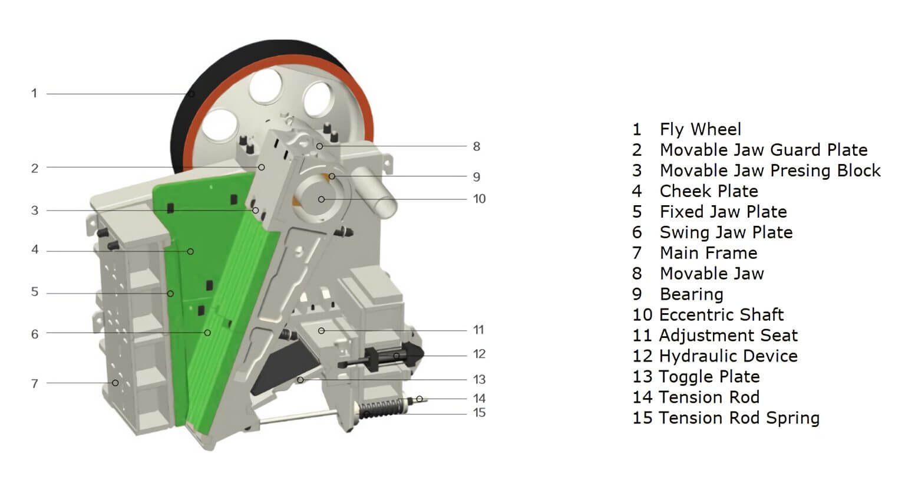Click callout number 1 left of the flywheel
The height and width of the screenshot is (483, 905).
point(34,93)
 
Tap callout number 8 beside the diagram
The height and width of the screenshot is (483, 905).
point(477,146)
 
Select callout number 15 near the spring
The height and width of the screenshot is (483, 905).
point(480,413)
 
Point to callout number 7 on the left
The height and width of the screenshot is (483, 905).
point(35,383)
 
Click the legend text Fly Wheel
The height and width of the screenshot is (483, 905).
point(700,129)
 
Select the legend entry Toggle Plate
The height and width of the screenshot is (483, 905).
point(709,376)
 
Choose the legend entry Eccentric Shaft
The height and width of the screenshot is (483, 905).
point(721,314)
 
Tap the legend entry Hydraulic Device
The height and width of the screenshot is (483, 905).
point(728,356)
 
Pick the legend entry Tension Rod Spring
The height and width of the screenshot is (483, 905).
point(739,418)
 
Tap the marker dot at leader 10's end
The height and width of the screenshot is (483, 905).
point(321,199)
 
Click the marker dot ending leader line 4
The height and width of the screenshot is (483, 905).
point(190,252)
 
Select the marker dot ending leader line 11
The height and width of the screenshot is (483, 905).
point(321,331)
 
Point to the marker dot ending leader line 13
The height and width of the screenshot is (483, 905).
point(300,380)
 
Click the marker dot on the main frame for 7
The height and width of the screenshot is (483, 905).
point(115,383)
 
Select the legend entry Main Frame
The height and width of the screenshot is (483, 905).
point(708,252)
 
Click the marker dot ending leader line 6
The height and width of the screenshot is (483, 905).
point(207,333)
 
